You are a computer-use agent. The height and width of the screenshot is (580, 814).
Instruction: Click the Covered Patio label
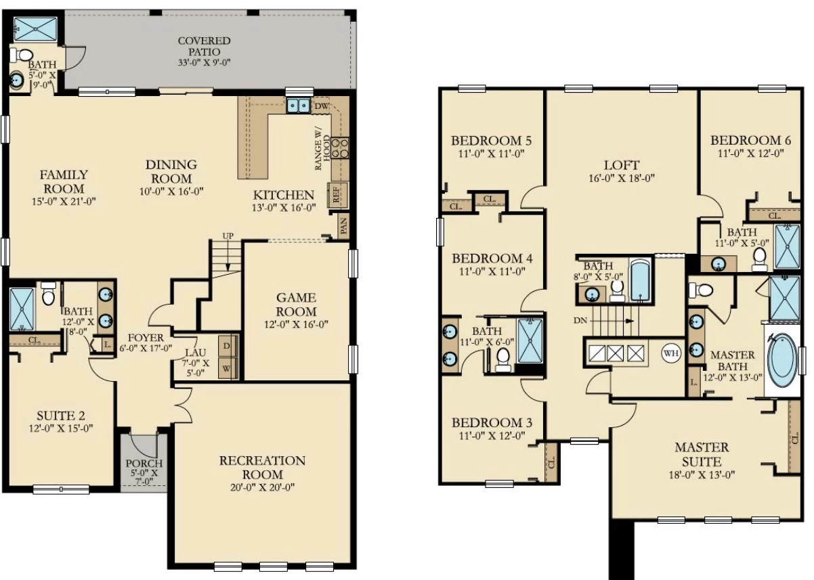point(205,46)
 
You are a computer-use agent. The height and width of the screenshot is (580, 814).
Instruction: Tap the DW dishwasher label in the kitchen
point(322,106)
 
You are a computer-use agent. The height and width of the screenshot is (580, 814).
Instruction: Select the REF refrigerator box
point(337,195)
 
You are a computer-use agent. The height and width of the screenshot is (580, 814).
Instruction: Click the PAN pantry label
point(343,226)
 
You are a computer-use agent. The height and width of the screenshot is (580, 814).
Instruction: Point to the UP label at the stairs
point(228,236)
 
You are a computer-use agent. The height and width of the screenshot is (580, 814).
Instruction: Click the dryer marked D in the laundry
point(228,346)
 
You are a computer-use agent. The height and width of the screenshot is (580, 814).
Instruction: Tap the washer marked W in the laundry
point(228,368)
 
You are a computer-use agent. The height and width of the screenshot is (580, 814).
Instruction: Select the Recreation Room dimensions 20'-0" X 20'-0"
point(262,487)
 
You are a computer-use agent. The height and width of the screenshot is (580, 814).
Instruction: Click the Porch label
point(144,464)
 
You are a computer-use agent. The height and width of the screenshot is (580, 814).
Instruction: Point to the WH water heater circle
point(671,353)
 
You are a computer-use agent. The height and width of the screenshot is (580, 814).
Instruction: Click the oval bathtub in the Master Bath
point(782,361)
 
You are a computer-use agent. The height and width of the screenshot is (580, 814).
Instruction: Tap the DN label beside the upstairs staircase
point(580,321)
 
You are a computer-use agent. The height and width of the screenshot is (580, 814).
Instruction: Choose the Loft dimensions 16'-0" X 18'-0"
point(622,178)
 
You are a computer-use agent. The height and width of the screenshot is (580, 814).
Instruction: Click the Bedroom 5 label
point(491,141)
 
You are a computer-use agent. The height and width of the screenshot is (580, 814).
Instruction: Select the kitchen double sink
point(299,106)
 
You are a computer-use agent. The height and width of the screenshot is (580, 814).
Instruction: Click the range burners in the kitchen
point(340,148)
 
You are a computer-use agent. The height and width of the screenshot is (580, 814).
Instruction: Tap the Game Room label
point(296,305)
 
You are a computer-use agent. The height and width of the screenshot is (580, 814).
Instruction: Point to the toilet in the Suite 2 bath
point(47,294)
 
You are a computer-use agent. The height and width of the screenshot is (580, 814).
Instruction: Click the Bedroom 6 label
point(751,141)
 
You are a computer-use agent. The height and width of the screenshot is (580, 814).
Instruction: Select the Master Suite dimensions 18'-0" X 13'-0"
point(702,475)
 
